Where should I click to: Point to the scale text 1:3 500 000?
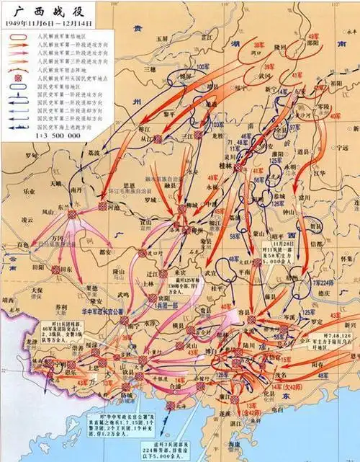pyautogui.click(x=60, y=134)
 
